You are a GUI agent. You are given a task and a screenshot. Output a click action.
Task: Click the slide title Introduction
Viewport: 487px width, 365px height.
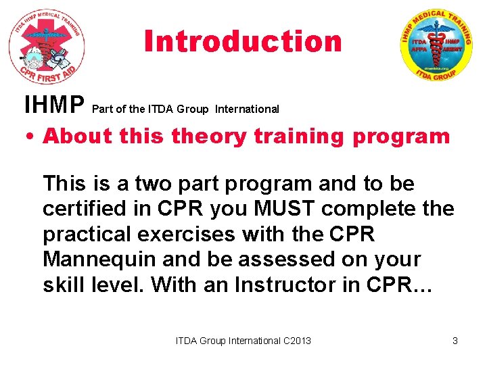tap(243, 42)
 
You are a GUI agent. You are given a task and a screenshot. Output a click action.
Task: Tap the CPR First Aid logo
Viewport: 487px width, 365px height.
tap(46, 46)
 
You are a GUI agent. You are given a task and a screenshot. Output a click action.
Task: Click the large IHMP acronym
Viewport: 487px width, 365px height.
tap(54, 106)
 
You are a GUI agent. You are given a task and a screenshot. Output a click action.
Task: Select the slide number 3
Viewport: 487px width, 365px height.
tap(455, 341)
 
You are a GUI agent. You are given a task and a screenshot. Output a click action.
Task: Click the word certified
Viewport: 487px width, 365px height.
tap(81, 209)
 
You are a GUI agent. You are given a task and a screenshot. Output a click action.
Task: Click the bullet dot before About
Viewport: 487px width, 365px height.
tap(31, 137)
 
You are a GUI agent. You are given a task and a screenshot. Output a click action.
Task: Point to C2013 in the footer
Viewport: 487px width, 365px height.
tap(296, 341)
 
